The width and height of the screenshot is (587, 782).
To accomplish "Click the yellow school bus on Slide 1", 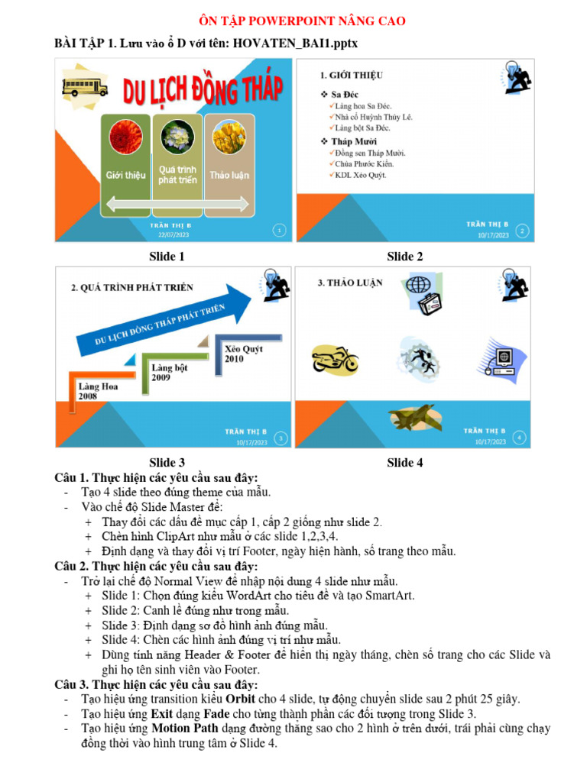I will tap(86, 86).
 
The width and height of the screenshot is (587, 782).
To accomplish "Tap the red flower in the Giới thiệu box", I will tap(125, 138).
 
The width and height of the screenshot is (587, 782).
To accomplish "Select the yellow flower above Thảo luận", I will tap(229, 138).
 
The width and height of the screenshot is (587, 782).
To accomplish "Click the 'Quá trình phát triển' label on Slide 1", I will tap(177, 175).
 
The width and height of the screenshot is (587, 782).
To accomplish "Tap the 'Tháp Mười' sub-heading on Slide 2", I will tap(354, 141).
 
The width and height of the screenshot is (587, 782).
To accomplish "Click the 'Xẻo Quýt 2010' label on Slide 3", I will tap(244, 354).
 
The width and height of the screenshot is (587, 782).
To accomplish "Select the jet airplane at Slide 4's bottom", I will tap(413, 418).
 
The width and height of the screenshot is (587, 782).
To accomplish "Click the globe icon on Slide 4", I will tap(419, 285).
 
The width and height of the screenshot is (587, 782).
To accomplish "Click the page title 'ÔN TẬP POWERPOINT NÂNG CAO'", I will tap(293, 21).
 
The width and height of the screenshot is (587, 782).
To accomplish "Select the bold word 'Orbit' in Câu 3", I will tap(240, 699).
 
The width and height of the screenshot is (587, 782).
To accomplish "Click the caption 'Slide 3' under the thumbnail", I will tap(167, 462).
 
